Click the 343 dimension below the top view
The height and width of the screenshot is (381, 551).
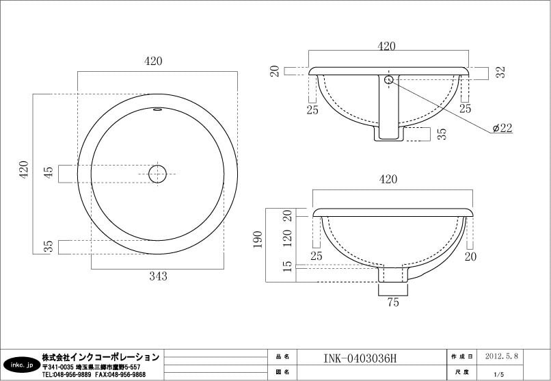(158, 276)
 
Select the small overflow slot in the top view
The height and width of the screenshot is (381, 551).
(157, 109)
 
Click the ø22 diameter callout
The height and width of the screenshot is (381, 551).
(502, 128)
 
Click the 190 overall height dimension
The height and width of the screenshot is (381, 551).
(258, 239)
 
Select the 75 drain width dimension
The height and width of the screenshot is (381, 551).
(393, 302)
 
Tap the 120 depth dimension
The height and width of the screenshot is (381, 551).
(287, 238)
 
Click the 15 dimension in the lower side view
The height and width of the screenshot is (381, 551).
(287, 266)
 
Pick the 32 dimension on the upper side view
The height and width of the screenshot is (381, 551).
(502, 72)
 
